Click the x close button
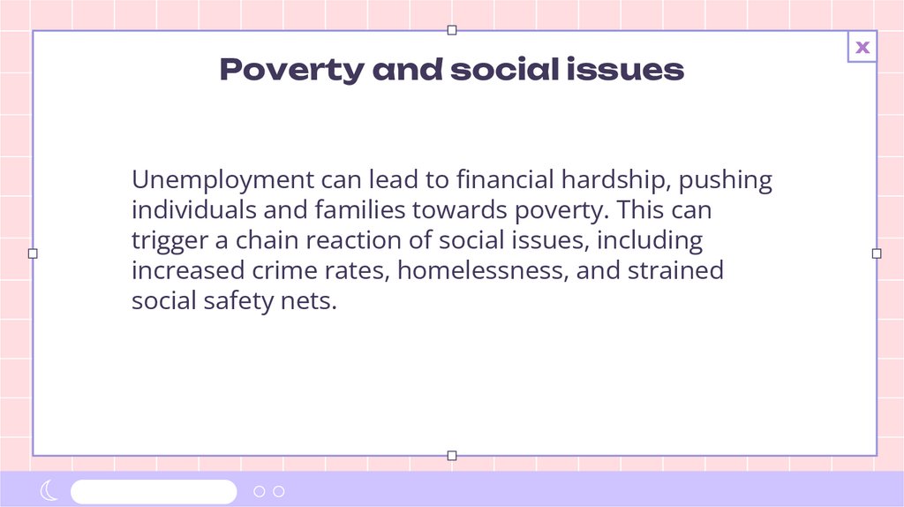(863, 47)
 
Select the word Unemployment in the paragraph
(222, 180)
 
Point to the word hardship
(608, 180)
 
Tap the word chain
(265, 240)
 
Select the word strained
(675, 270)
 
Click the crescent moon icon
(49, 491)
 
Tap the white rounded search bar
(154, 491)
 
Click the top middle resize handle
(452, 30)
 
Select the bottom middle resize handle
(452, 456)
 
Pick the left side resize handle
(33, 253)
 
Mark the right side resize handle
(877, 253)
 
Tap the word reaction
(347, 240)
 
